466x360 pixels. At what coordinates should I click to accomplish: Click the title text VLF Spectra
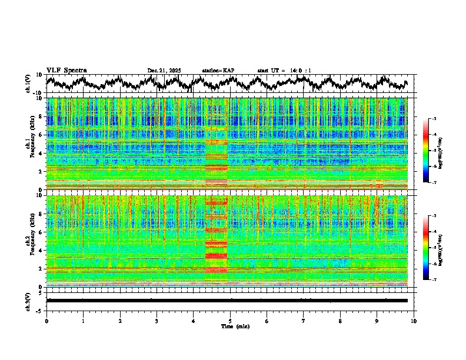coord(66,71)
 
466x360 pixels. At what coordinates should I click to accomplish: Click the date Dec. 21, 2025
coord(164,71)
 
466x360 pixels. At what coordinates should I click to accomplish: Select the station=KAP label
coord(218,71)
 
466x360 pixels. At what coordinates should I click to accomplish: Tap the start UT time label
coord(284,71)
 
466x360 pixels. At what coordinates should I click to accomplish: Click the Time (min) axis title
coord(235,326)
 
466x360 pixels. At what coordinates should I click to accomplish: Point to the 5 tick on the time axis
coord(230,321)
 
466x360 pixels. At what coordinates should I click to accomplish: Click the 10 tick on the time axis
coord(414,321)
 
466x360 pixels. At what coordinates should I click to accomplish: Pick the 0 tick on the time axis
coord(46,321)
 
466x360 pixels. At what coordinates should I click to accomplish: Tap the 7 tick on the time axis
coord(304,321)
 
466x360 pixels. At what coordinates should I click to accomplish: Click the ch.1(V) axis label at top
coord(28,84)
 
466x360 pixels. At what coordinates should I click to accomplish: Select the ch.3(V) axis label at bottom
coord(28,300)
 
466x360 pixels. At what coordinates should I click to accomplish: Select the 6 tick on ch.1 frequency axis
coord(41,135)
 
